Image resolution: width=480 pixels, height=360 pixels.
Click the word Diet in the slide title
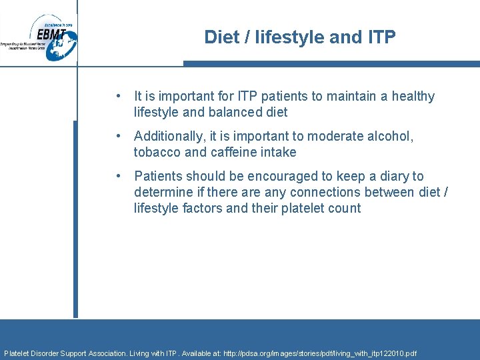(x=220, y=37)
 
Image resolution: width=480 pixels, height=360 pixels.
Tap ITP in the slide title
(x=380, y=37)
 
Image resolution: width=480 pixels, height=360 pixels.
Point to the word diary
(x=393, y=176)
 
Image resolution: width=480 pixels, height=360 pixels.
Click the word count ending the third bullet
(x=344, y=208)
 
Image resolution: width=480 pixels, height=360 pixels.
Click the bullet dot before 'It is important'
(x=117, y=96)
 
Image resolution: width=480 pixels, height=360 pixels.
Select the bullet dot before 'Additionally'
(x=117, y=136)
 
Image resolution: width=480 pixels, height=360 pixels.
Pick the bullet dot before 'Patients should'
(x=117, y=176)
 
